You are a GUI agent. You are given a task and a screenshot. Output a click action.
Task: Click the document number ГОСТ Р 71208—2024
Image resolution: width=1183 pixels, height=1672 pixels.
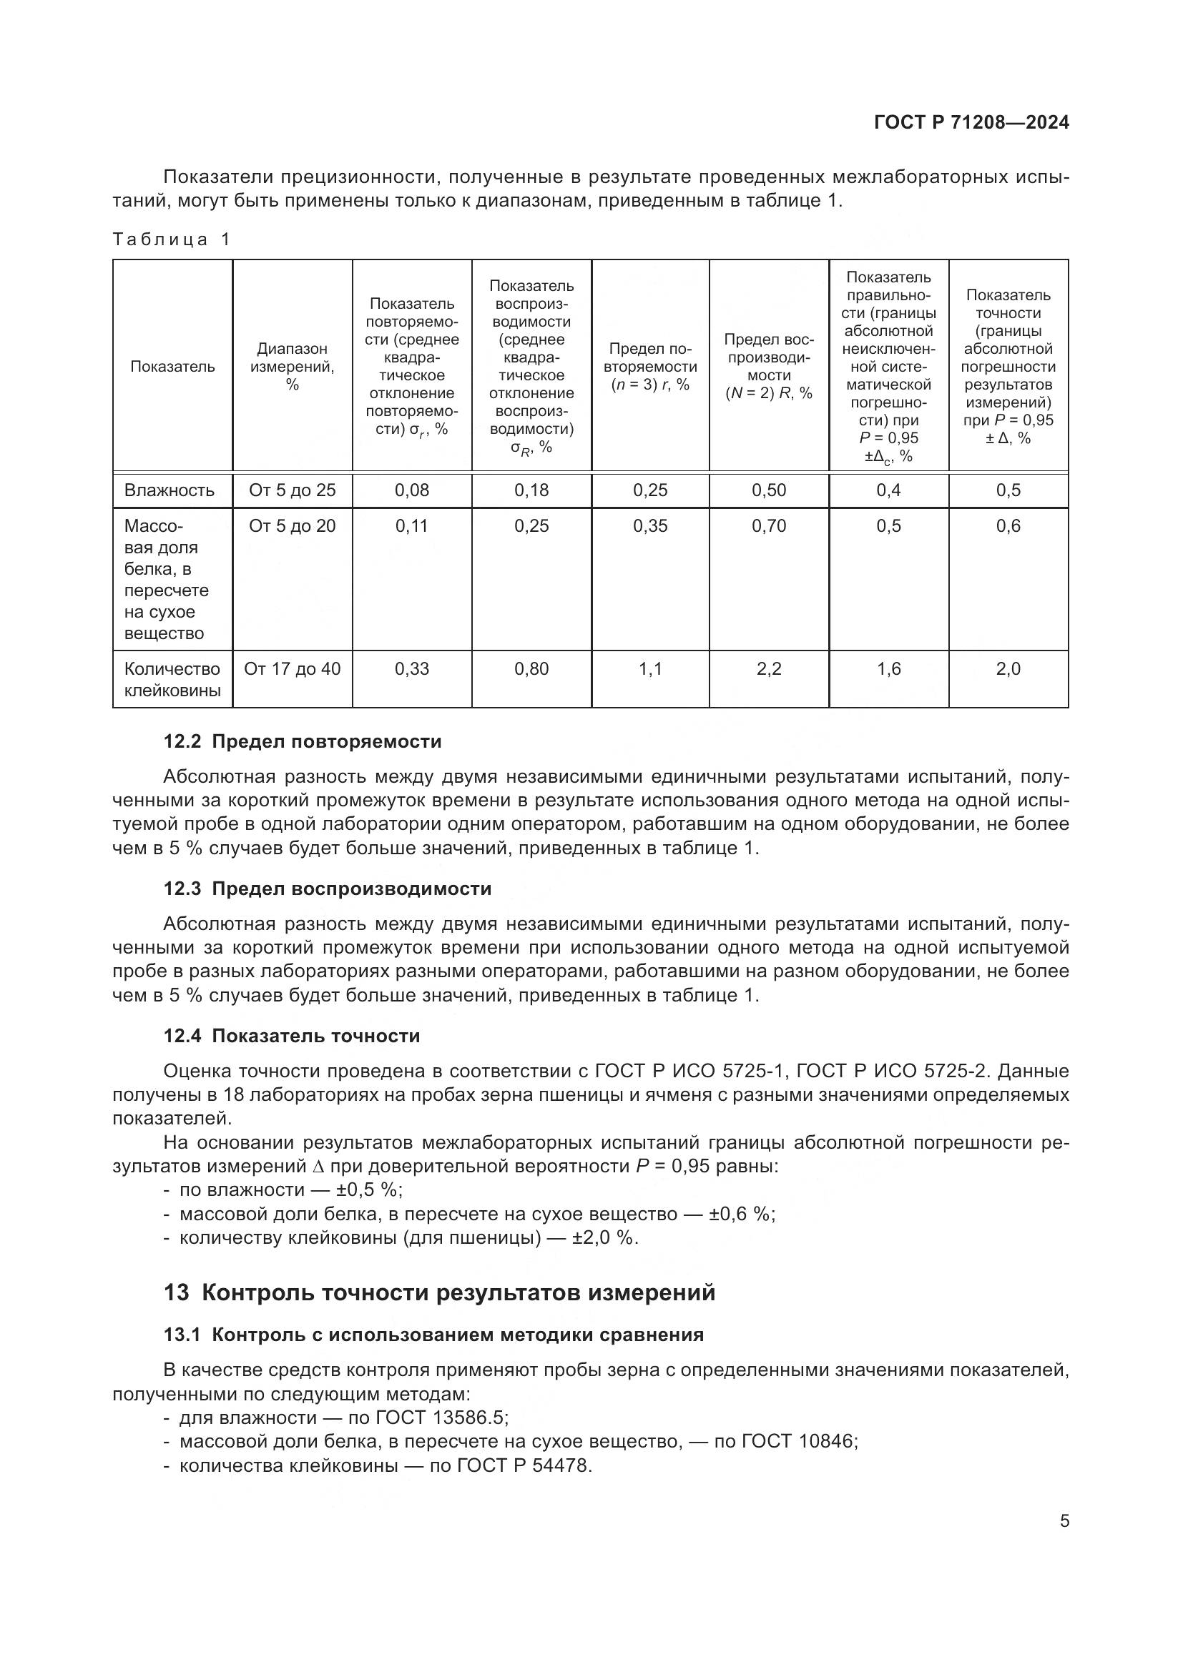click(x=971, y=122)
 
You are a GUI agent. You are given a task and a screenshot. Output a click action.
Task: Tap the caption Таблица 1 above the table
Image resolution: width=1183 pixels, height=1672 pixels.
click(x=172, y=239)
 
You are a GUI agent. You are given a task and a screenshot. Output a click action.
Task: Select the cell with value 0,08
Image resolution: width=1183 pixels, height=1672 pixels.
click(x=411, y=490)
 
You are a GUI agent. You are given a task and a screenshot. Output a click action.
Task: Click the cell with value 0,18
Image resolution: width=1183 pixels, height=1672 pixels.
click(x=531, y=490)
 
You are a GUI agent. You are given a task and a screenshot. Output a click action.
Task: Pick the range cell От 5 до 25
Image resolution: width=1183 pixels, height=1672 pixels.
click(x=292, y=490)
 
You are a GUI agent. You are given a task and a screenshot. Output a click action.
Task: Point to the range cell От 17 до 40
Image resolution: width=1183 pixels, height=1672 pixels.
click(x=292, y=668)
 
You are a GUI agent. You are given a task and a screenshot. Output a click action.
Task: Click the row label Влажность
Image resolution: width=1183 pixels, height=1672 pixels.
click(x=170, y=490)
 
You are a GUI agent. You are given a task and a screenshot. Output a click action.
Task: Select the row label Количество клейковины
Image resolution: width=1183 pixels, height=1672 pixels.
click(x=172, y=679)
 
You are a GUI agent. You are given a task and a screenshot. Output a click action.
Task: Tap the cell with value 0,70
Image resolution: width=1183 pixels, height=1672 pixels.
click(x=770, y=526)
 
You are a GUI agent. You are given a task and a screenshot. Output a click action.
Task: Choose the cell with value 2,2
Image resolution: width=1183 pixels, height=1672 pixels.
click(x=770, y=668)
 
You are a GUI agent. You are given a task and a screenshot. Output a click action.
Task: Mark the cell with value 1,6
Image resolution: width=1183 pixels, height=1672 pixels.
click(x=889, y=668)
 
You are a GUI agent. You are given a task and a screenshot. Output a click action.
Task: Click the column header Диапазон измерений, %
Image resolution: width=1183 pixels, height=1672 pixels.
click(x=292, y=366)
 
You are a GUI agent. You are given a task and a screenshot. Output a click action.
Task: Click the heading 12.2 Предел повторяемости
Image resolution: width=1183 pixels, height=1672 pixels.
click(x=303, y=741)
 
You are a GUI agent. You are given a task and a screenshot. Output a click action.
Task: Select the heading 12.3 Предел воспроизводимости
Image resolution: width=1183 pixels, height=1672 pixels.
click(x=327, y=889)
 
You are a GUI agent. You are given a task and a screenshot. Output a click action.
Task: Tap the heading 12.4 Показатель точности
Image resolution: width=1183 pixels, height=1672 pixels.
click(x=291, y=1036)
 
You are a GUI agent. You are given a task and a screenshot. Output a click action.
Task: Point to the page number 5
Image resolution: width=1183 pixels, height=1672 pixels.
click(x=1064, y=1520)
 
